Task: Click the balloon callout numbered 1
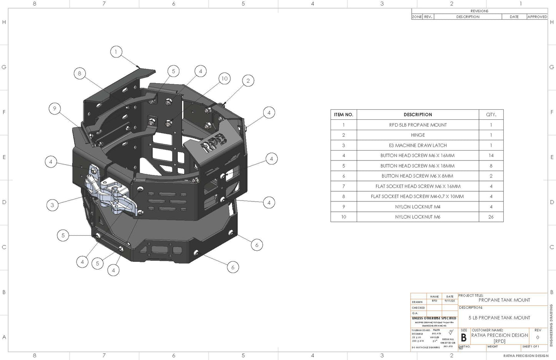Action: click(116, 52)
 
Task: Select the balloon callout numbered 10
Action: click(224, 79)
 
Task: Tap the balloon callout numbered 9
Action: click(55, 109)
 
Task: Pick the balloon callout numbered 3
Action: click(52, 205)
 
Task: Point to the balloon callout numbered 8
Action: click(80, 73)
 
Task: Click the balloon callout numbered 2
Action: click(248, 80)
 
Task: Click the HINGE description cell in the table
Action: click(418, 135)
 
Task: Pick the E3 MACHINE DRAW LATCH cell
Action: click(418, 146)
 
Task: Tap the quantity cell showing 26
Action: click(491, 217)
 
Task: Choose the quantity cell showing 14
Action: click(491, 156)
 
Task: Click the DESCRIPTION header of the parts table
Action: click(418, 115)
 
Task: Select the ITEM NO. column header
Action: click(344, 115)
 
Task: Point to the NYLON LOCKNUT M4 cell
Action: click(418, 207)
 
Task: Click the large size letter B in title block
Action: click(464, 338)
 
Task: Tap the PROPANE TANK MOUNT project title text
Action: click(504, 300)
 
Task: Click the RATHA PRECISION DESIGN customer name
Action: click(499, 335)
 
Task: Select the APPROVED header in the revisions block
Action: click(537, 17)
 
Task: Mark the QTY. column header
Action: click(491, 115)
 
